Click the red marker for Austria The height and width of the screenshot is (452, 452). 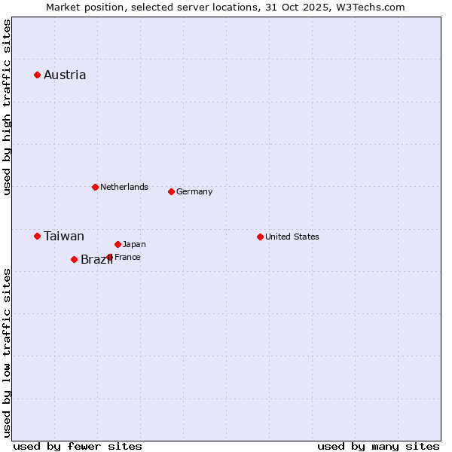(x=37, y=75)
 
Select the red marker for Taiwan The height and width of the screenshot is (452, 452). (x=37, y=236)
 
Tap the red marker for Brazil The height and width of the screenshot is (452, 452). (x=74, y=259)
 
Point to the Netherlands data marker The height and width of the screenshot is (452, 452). (x=95, y=187)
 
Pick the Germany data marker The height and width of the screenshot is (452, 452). (x=171, y=191)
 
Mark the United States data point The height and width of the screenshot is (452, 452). (x=260, y=237)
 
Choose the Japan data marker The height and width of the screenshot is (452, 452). (x=118, y=244)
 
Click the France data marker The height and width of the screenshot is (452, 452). (x=109, y=257)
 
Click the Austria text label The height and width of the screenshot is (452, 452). (x=65, y=75)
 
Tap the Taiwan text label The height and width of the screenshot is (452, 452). (x=64, y=236)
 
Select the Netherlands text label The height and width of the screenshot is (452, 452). (x=124, y=187)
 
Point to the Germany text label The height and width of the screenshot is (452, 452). (x=194, y=191)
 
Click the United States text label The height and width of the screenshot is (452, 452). (x=292, y=237)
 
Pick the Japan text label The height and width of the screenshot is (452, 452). (x=135, y=244)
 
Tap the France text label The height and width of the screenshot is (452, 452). (x=128, y=257)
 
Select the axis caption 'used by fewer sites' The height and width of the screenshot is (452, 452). (x=78, y=446)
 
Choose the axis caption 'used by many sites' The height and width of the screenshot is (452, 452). (x=378, y=446)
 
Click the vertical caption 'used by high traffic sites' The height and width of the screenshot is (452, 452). (x=7, y=107)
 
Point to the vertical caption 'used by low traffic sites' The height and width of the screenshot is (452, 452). (x=7, y=352)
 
